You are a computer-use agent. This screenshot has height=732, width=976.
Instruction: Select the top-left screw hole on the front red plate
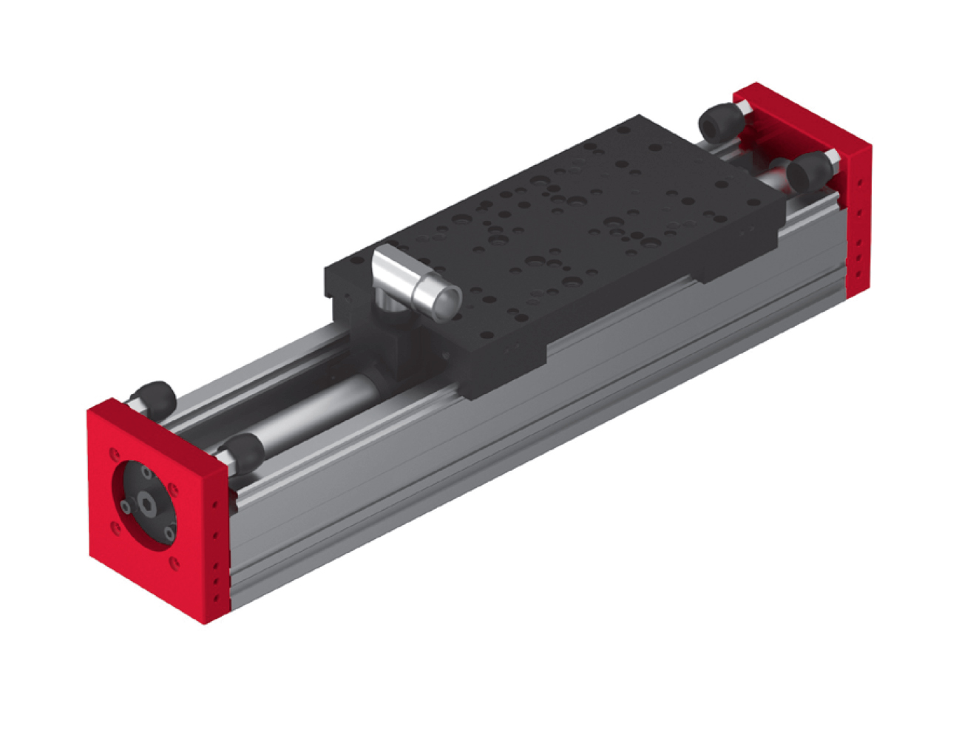(x=113, y=453)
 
